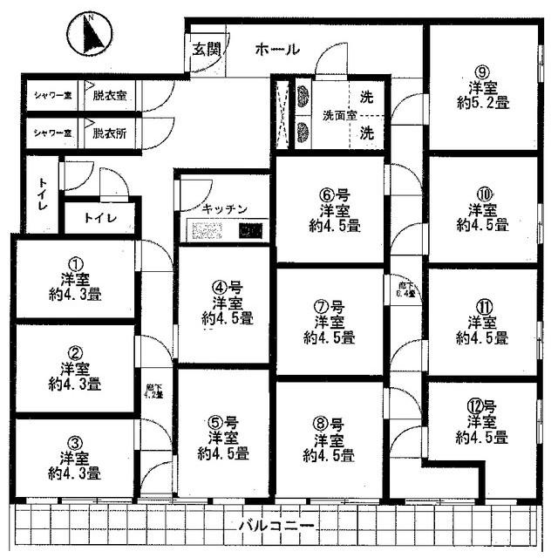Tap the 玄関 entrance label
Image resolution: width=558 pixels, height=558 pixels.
pyautogui.click(x=206, y=50)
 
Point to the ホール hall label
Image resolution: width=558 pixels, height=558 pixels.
pyautogui.click(x=276, y=50)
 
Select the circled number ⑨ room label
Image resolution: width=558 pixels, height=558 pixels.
pyautogui.click(x=479, y=71)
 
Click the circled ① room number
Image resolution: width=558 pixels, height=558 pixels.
pyautogui.click(x=75, y=263)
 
